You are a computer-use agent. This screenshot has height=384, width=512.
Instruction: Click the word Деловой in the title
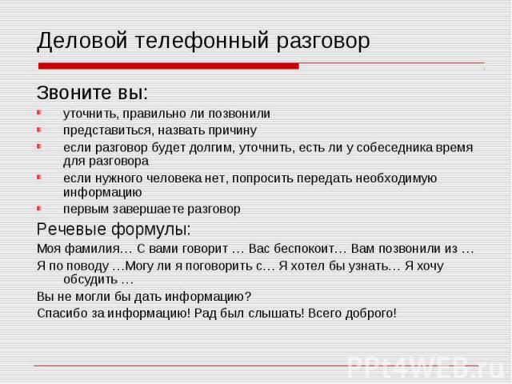(x=82, y=41)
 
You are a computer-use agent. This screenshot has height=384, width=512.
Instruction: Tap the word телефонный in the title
(x=202, y=41)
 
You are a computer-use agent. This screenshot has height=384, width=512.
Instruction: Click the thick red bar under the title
(x=169, y=66)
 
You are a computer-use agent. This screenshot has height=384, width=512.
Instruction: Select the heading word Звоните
(x=71, y=93)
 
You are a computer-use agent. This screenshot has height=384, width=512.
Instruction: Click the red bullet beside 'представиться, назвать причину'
(x=39, y=130)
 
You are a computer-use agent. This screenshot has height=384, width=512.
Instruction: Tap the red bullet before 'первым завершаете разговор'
(x=39, y=208)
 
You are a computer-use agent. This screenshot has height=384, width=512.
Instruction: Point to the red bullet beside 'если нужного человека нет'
(x=39, y=178)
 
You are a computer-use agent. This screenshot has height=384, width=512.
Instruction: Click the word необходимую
(x=396, y=178)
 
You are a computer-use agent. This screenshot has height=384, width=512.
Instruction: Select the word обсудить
(x=90, y=280)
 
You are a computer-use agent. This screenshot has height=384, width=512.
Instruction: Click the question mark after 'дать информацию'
(x=248, y=297)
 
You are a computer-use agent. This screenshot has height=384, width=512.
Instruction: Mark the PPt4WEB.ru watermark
(x=425, y=367)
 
